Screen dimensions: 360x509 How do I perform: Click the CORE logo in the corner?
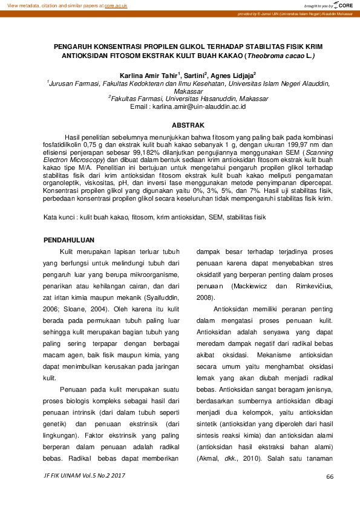(x=343, y=5)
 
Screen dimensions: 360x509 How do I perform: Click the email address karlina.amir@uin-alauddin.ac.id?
(x=199, y=106)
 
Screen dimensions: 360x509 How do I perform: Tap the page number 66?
(x=330, y=476)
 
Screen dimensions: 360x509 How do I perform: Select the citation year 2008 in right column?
(x=205, y=298)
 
